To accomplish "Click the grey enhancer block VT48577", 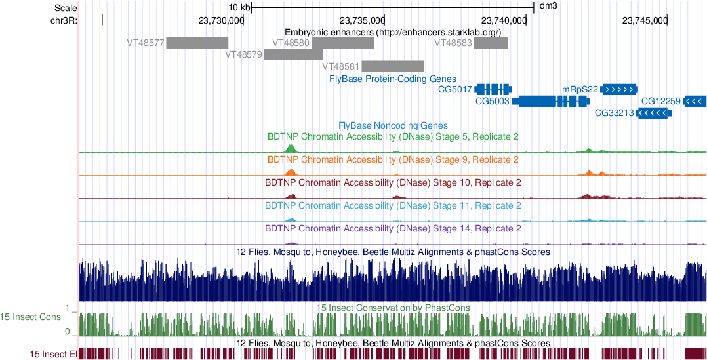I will [x=197, y=43].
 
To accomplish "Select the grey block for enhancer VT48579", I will [x=294, y=54].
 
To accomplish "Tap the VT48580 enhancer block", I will [x=343, y=43].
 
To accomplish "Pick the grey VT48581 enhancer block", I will [x=392, y=66].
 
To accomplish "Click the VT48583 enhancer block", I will [x=491, y=43].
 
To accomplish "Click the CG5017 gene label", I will [x=455, y=89].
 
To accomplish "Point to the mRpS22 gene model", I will [x=619, y=89].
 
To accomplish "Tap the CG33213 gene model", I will [x=654, y=113].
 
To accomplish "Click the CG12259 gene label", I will [x=660, y=102].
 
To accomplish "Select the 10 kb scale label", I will [x=239, y=7].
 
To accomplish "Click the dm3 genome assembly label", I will [x=548, y=7].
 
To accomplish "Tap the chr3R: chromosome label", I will [x=64, y=20].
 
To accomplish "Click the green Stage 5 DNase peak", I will [x=291, y=148].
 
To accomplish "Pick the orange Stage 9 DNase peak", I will [x=291, y=171].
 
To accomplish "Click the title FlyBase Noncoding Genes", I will [x=393, y=125].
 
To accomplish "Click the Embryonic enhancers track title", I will [x=393, y=31].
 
